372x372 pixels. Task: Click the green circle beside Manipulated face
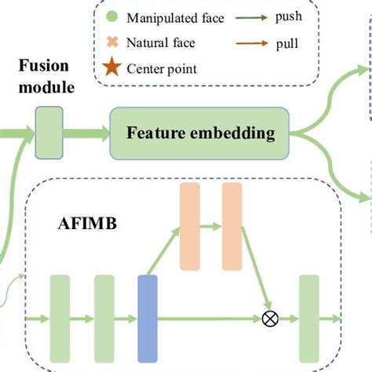(112, 16)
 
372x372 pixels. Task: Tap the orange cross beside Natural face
(112, 42)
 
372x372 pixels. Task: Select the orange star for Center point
(112, 68)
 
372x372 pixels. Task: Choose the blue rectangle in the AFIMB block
(148, 319)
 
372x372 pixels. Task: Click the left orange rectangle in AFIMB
(191, 226)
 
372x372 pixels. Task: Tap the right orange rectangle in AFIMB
(233, 226)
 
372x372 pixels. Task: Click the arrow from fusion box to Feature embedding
(86, 129)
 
